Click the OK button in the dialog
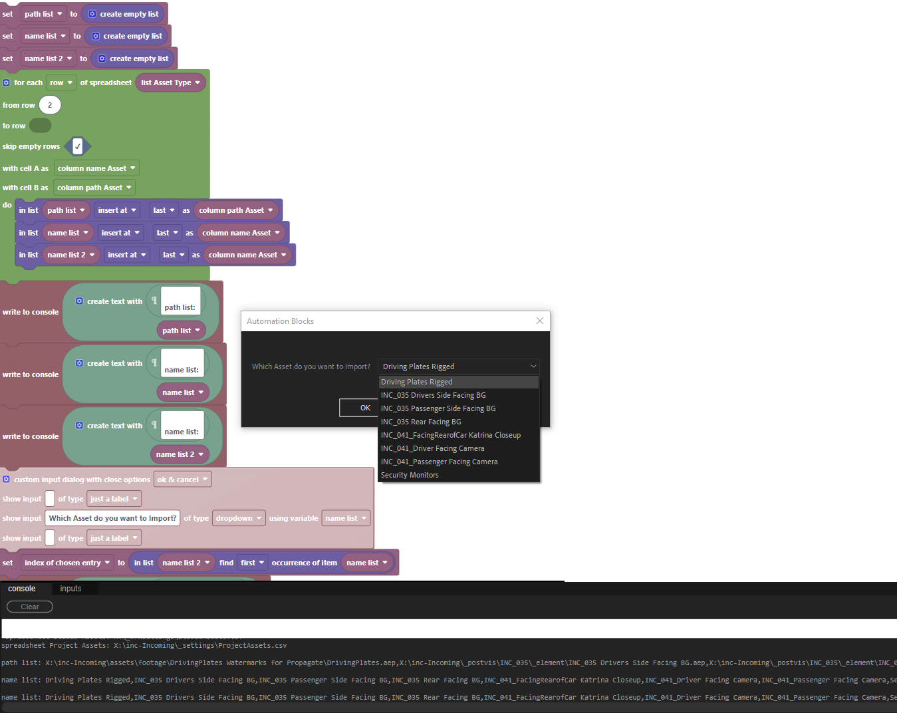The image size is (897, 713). pos(364,408)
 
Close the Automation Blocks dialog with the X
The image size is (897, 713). pos(540,321)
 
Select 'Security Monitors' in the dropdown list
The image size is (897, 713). pos(410,475)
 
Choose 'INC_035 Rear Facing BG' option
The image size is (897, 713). pos(421,422)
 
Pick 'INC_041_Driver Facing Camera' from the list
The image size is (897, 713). pos(432,448)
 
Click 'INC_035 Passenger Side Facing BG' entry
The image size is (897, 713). pos(438,408)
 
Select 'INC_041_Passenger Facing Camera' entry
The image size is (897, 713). pos(439,462)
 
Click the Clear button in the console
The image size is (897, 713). pos(30,607)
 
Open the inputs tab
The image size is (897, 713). pos(70,589)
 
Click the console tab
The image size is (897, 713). pos(22,589)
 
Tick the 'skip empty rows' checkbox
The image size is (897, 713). pos(78,146)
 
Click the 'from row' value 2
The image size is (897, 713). pos(50,105)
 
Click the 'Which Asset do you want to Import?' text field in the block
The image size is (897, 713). pos(113,518)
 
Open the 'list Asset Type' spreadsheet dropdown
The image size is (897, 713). pos(170,82)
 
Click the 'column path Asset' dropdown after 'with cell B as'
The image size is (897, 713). pos(94,188)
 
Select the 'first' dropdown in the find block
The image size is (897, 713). pos(253,563)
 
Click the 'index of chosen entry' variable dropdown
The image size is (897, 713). pos(67,563)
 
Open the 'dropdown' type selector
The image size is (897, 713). pos(239,518)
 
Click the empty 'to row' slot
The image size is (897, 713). pos(40,126)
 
